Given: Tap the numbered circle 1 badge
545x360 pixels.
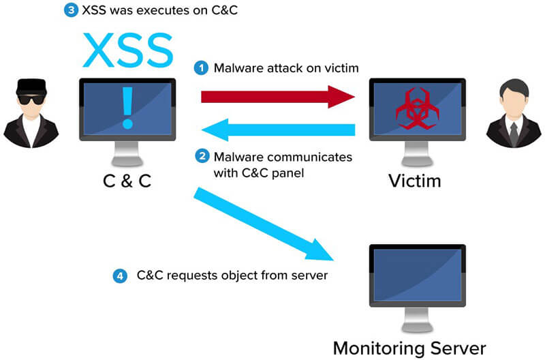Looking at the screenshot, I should (x=201, y=68).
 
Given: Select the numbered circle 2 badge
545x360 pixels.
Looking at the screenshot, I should (x=201, y=157).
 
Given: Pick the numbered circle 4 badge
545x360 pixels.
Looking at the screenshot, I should (x=120, y=276).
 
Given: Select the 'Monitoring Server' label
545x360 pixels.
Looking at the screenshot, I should (x=409, y=348).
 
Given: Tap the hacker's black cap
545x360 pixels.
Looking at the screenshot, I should (x=29, y=85).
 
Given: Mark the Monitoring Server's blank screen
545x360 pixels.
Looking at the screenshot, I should (x=417, y=276).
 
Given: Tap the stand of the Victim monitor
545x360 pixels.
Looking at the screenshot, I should (x=417, y=156).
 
